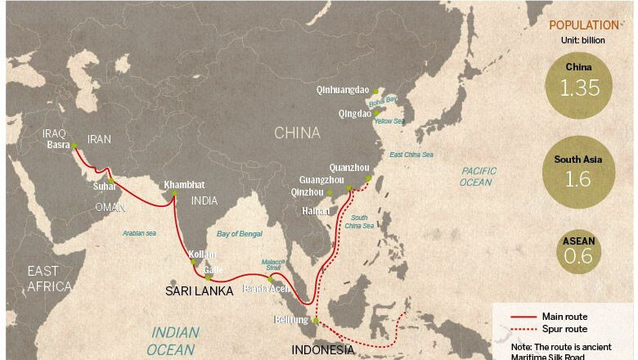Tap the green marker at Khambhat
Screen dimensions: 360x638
pyautogui.click(x=173, y=193)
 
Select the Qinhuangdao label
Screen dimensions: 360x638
pyautogui.click(x=344, y=91)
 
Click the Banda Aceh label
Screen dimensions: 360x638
pyautogui.click(x=265, y=289)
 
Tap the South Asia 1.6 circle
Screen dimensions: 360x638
pyautogui.click(x=577, y=172)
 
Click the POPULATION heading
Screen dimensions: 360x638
pyautogui.click(x=584, y=25)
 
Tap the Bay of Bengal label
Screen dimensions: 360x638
pyautogui.click(x=240, y=234)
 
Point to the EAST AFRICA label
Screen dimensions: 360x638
pyautogui.click(x=49, y=278)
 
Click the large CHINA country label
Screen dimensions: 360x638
pyautogui.click(x=297, y=133)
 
